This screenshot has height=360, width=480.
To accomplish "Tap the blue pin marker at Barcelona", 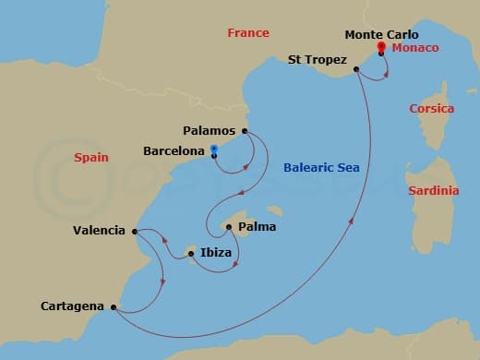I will tap(214, 150).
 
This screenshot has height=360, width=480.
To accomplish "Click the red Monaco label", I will tap(413, 47).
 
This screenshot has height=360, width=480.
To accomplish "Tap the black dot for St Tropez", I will tap(355, 67).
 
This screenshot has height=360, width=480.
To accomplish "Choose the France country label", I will tap(248, 33).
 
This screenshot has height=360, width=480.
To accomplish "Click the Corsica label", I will tap(432, 109).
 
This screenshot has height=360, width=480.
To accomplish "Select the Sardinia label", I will tap(433, 191).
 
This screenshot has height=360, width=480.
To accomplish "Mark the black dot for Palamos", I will tap(246, 130).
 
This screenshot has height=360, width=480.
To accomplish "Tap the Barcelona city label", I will tap(174, 150).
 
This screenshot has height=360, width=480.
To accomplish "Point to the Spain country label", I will tap(91, 158).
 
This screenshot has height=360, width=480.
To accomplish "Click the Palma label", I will tap(258, 226).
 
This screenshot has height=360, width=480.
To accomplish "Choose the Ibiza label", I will tap(216, 251).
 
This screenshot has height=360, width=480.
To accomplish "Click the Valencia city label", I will tap(99, 230).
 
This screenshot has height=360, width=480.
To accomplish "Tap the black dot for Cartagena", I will tap(114, 307).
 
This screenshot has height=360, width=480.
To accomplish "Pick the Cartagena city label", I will tap(73, 306).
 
